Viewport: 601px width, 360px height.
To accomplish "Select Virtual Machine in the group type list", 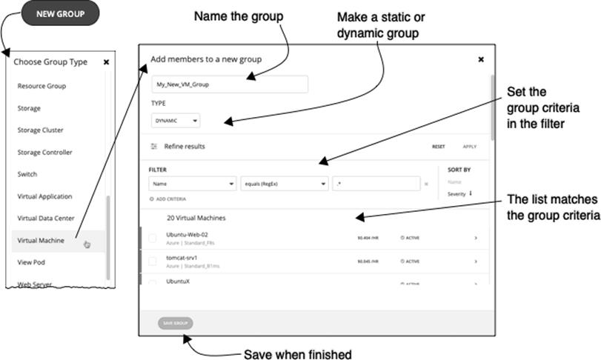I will (41, 240).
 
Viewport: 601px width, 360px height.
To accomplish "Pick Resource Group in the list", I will (41, 86).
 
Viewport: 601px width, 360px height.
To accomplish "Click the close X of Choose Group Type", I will (106, 62).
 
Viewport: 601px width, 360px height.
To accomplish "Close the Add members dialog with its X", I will (481, 59).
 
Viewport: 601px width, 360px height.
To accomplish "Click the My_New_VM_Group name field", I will (230, 84).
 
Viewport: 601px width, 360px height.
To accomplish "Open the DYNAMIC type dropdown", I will (175, 120).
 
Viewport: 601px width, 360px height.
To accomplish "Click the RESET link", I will (439, 147).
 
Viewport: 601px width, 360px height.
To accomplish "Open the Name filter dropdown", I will (192, 184).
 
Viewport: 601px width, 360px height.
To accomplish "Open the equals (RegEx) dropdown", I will (284, 184).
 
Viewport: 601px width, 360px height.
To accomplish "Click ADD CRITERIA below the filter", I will (170, 199).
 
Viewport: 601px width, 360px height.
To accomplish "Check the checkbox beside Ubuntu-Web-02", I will (153, 239).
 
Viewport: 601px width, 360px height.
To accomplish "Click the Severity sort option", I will (458, 194).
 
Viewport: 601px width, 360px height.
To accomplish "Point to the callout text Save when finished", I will (297, 353).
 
